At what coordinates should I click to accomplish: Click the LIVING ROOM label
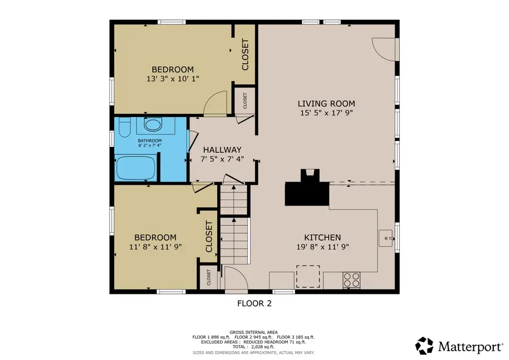coord(326,104)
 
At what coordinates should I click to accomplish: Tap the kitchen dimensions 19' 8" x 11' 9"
coord(322,247)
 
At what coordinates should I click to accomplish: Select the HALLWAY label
coord(222,149)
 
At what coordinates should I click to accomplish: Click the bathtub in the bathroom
coord(135,168)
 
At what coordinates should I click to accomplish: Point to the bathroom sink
coord(152,125)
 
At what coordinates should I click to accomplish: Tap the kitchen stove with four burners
coord(352,279)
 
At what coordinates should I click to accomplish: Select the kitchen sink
coord(387,239)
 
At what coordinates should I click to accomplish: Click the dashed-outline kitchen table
coord(308,276)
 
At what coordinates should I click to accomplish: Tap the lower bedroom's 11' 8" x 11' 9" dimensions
coord(155,247)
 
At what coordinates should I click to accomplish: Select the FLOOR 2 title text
coord(254,303)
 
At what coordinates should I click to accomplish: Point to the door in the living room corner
coord(385,48)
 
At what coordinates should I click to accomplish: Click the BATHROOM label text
coord(150,140)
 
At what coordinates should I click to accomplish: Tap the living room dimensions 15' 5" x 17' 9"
coord(326,113)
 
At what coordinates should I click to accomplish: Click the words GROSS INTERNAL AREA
coord(254,332)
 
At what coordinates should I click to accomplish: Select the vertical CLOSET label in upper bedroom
coord(245,54)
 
